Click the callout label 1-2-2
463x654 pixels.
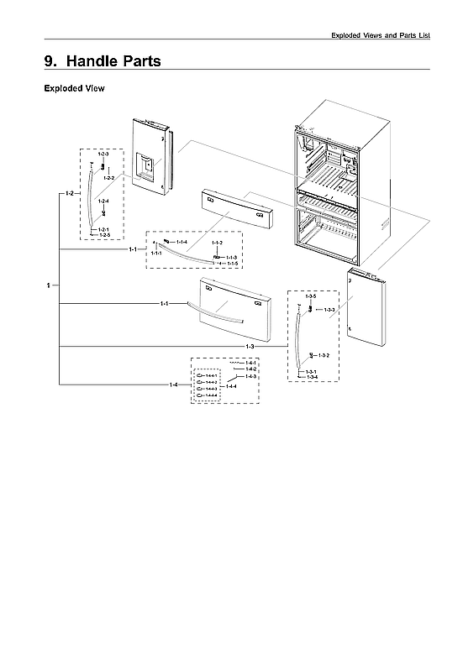click(109, 178)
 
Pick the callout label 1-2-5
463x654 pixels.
click(104, 235)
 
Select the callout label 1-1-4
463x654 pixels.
click(182, 242)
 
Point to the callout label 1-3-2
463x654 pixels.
click(324, 355)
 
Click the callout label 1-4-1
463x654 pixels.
click(251, 362)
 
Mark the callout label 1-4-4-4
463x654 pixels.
click(212, 395)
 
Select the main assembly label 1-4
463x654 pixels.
click(173, 385)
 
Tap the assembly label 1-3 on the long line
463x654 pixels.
click(250, 347)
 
